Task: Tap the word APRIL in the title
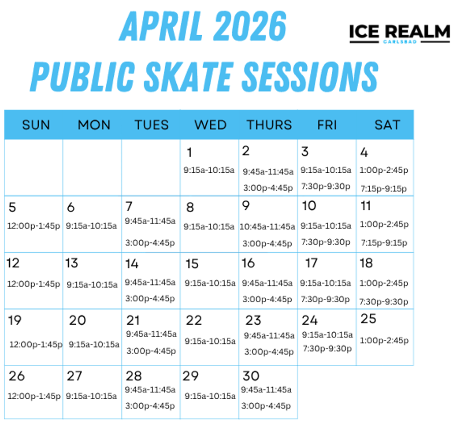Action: [x=161, y=26]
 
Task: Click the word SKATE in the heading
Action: [x=188, y=77]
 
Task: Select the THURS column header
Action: [x=269, y=125]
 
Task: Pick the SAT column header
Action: [x=387, y=125]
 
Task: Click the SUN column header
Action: [x=36, y=125]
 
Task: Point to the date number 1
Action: [x=189, y=152]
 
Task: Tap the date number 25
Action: [x=368, y=319]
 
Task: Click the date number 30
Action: [x=251, y=376]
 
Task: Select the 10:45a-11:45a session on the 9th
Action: [x=267, y=226]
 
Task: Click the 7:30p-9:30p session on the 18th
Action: [x=384, y=302]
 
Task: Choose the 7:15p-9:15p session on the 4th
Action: [x=383, y=189]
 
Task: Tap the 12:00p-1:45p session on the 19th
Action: [x=36, y=345]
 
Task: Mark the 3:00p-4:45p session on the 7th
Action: [x=150, y=243]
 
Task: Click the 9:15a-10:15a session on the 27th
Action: [x=91, y=396]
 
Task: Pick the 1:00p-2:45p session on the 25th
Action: [x=384, y=340]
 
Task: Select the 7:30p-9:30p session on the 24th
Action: [x=327, y=349]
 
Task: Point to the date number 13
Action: [x=72, y=263]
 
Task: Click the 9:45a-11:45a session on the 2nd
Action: [x=268, y=172]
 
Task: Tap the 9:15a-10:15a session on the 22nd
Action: [x=210, y=341]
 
